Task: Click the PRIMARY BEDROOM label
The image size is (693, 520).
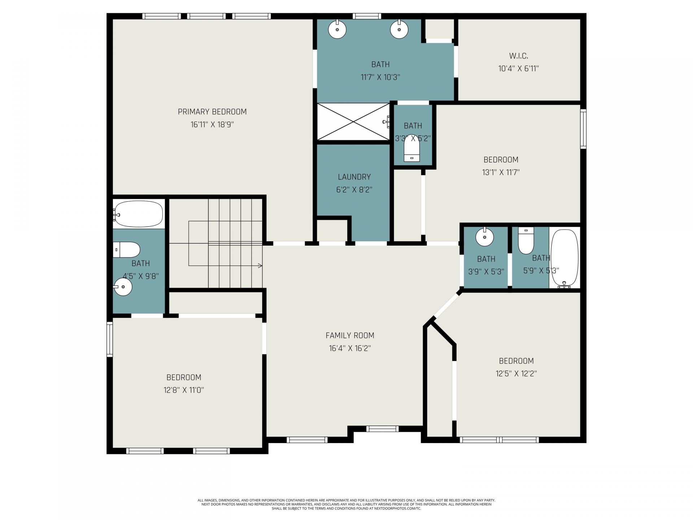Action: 212,112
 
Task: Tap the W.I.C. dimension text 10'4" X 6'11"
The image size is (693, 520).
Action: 518,68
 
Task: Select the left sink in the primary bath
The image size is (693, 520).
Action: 337,29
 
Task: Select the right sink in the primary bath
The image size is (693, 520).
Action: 399,29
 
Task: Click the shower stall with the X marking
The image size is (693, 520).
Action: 353,122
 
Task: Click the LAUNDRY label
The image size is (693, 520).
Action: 354,177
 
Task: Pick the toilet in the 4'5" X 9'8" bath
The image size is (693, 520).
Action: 127,250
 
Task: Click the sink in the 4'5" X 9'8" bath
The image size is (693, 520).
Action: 123,287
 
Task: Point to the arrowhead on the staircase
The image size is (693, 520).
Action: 260,266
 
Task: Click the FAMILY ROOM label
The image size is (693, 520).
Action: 350,335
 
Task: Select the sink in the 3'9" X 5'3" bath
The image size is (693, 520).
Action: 484,237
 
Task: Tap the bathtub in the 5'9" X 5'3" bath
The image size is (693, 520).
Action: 565,258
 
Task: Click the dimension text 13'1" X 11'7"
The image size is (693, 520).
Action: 501,172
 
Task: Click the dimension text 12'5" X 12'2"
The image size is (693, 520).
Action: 516,373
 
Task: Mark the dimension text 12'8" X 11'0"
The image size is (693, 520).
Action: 184,390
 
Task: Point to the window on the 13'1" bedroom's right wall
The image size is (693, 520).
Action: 583,129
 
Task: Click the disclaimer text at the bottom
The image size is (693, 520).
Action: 346,504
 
